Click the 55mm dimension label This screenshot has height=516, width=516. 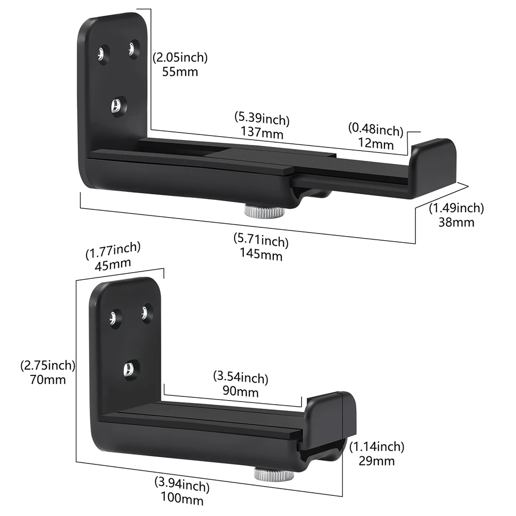click(180, 72)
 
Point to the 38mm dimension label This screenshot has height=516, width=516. click(457, 222)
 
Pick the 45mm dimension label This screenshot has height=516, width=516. click(113, 263)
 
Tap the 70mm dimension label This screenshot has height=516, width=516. click(48, 380)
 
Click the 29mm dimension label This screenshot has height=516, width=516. click(377, 460)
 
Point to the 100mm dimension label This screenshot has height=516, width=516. click(182, 500)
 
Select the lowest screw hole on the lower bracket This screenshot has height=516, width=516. click(129, 368)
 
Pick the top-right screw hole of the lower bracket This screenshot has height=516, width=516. click(146, 312)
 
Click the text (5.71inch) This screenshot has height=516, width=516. click(261, 241)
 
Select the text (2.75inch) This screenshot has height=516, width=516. click(48, 367)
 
